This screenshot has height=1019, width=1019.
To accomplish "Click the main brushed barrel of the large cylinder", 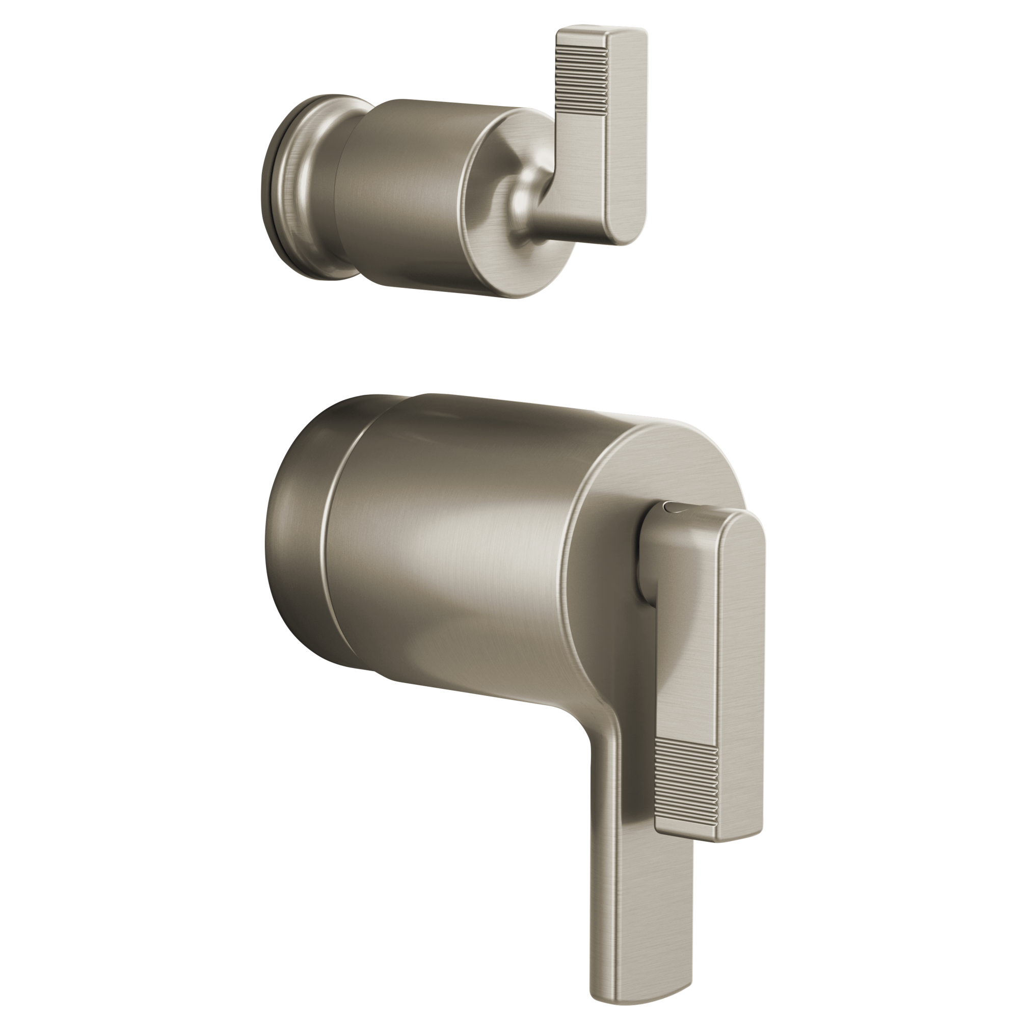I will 448,554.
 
